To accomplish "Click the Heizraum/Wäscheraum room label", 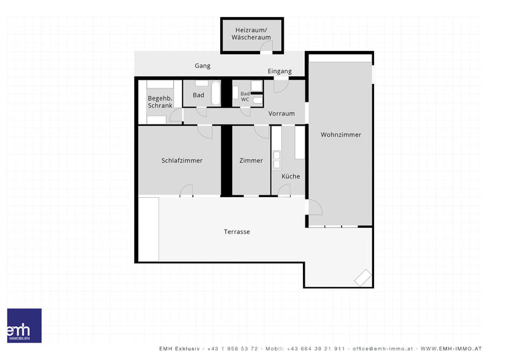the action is coord(251,34).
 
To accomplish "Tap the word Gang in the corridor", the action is coord(202,66).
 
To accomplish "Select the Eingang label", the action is coord(279,71).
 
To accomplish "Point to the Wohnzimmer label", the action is coord(341,134).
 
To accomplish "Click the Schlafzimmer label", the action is coord(182,160).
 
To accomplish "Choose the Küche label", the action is coord(291,176).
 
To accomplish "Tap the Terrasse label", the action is coord(237,232).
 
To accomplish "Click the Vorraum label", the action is coord(281,114).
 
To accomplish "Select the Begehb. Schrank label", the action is coord(160,102).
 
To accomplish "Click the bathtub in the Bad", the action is coord(216,93).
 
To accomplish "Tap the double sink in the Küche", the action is coord(277,160).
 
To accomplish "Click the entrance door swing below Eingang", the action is coord(281,86).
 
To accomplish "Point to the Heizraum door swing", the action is coord(267,46).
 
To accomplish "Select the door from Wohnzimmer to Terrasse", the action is coord(315,207).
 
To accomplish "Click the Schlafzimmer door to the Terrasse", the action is coord(186,190).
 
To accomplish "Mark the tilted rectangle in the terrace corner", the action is coord(363,277).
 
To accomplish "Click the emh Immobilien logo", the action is coord(24,326).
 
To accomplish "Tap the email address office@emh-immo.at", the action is coord(383,349).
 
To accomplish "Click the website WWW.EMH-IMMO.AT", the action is coord(451,349).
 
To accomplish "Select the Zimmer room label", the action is coord(251,160).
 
